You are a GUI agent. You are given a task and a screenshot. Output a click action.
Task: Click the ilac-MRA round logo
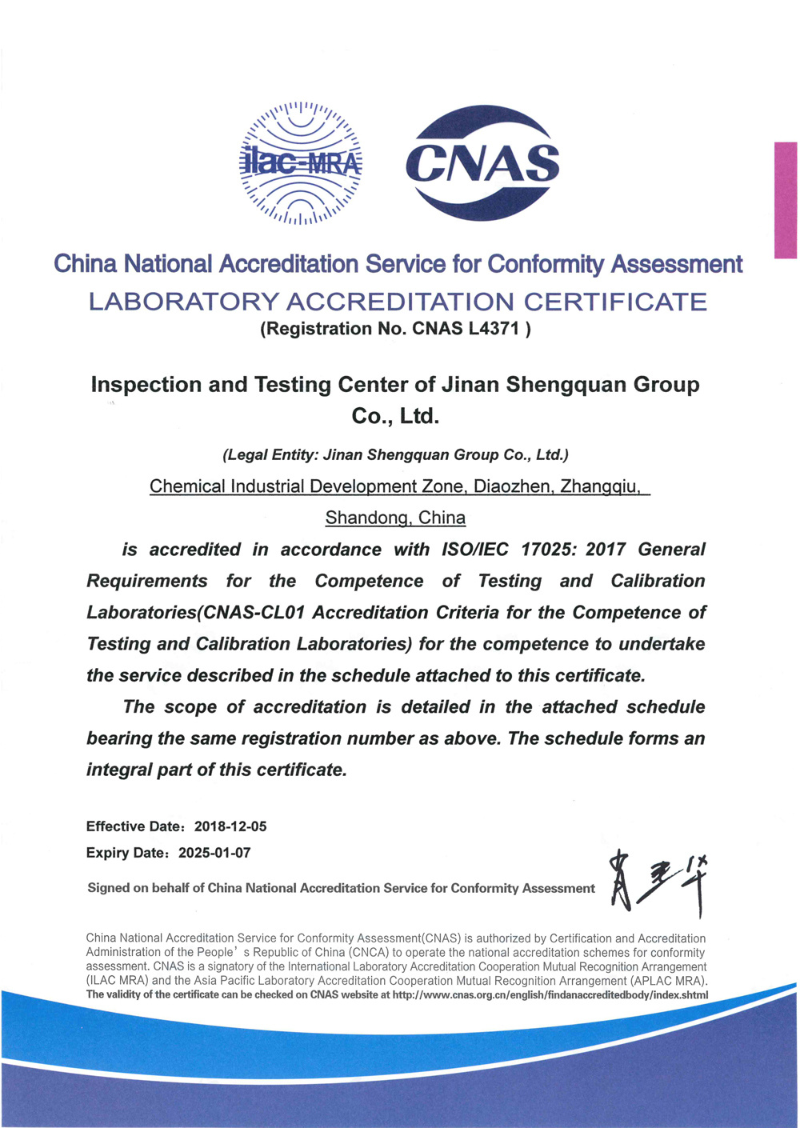coord(301,163)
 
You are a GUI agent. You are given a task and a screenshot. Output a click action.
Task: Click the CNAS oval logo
coord(482,163)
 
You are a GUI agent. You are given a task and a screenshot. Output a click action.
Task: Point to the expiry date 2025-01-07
coord(214,853)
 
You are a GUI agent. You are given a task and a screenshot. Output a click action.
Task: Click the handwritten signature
coord(658,884)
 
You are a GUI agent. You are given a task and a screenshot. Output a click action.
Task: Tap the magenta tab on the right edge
coord(786,200)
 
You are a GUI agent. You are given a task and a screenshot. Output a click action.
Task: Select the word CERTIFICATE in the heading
coord(615,302)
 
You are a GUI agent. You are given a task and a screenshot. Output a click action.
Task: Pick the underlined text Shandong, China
coord(395,518)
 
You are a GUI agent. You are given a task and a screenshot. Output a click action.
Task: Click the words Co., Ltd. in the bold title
coord(395,417)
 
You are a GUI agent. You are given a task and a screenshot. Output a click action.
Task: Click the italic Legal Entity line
coord(395,455)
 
